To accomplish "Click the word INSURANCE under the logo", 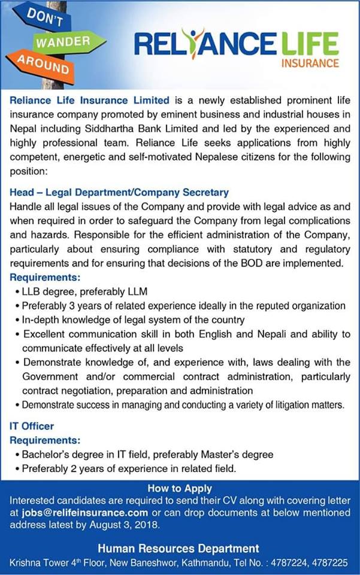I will click(310, 63).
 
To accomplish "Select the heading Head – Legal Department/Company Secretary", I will click(119, 192).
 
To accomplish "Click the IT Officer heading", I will click(32, 426).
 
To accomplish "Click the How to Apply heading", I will click(180, 489).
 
